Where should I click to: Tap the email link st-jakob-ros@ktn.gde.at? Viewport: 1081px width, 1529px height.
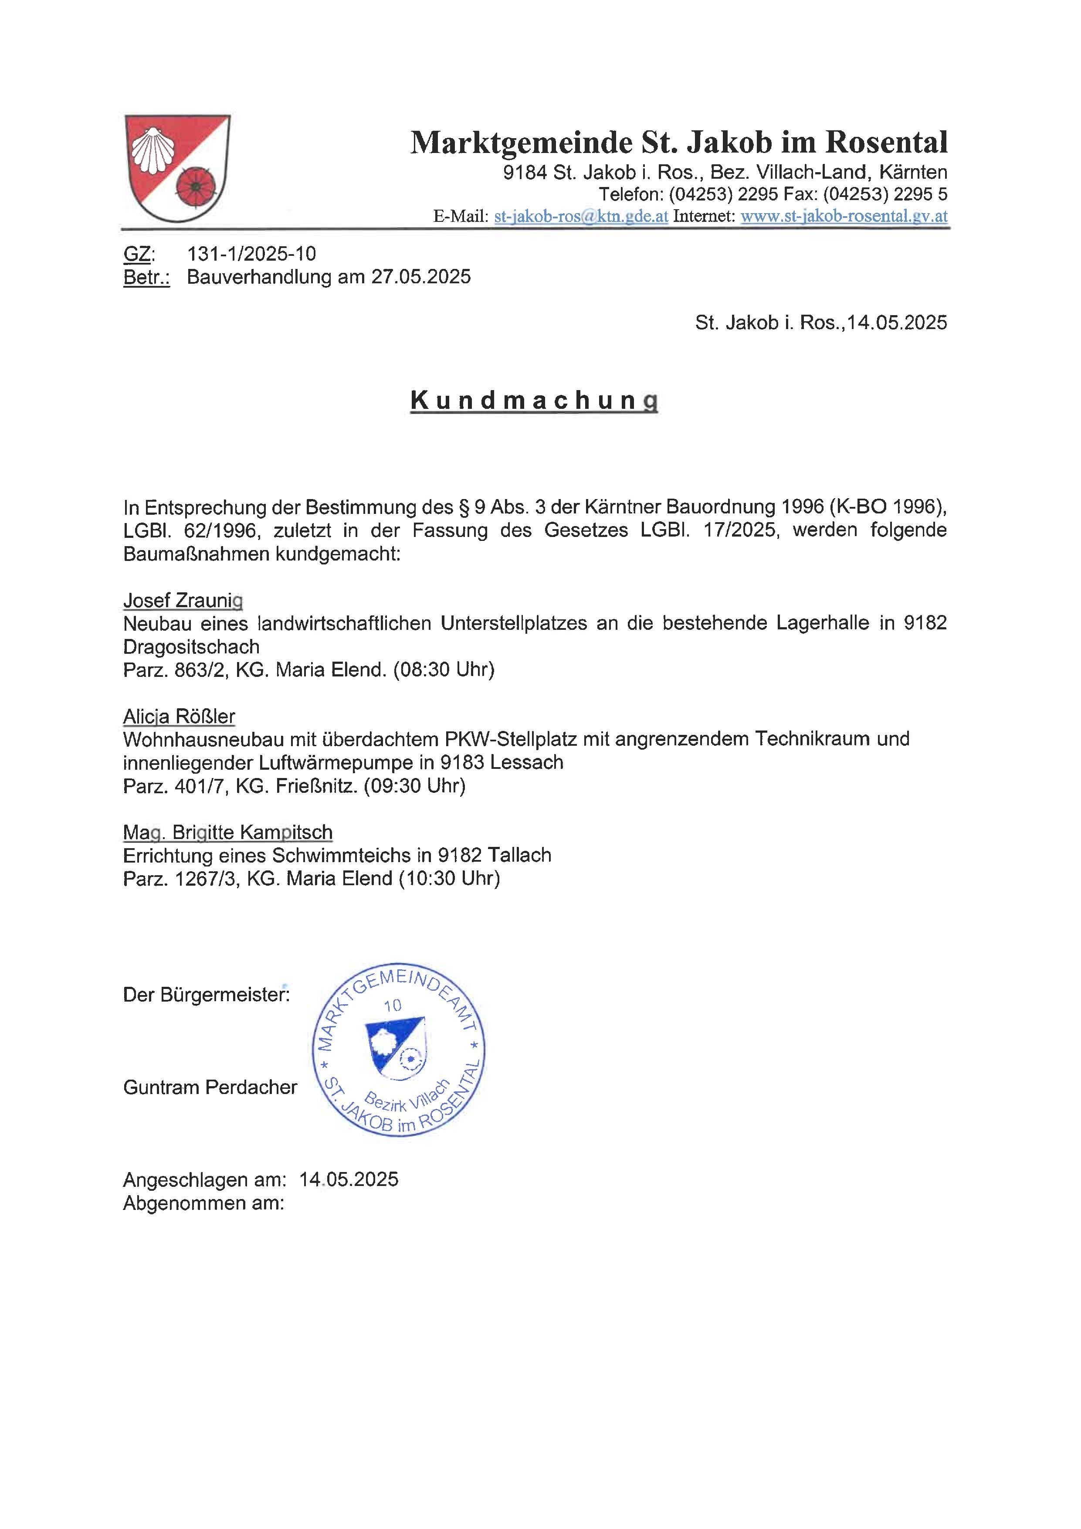point(581,217)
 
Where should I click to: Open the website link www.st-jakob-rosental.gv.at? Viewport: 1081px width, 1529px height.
point(844,217)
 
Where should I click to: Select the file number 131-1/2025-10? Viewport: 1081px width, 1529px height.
point(251,254)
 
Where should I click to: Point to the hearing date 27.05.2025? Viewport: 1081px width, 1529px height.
point(421,277)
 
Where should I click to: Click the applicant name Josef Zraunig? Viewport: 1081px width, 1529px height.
point(183,601)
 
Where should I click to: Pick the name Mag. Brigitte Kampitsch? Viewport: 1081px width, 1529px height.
point(227,832)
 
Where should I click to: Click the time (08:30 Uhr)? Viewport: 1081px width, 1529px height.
point(443,669)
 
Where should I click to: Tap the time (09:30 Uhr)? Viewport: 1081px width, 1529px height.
point(414,786)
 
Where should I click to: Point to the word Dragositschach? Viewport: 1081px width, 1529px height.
point(191,647)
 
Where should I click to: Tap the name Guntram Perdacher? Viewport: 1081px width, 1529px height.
point(210,1087)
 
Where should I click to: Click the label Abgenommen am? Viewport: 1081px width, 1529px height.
point(203,1203)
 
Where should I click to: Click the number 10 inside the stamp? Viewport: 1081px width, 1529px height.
point(393,1006)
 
